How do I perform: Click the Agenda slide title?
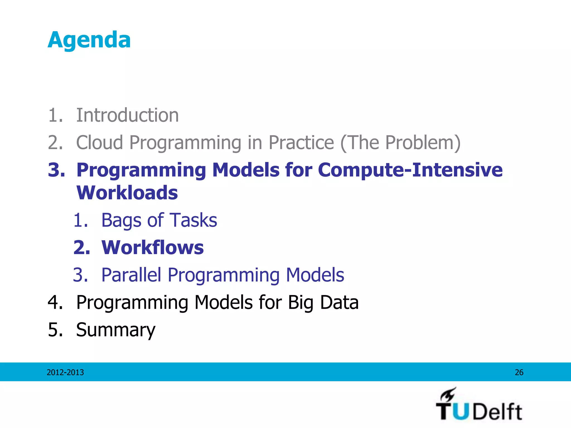coord(89,40)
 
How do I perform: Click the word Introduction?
coord(127,115)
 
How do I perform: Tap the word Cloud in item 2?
coord(99,142)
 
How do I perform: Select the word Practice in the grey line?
coord(301,142)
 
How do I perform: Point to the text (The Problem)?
coord(400,142)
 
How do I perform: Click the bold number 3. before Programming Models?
coord(56,170)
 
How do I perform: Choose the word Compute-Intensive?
coord(410,170)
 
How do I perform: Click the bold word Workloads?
coord(127,193)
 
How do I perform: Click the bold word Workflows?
coord(153,247)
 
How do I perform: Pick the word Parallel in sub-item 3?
coord(131,275)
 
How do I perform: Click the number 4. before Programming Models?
coord(55,302)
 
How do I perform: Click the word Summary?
coord(115,330)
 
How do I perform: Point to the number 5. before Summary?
coord(55,330)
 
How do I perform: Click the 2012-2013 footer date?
coord(65,372)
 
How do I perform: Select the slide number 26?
coord(519,372)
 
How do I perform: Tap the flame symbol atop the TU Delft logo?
coord(448,394)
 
